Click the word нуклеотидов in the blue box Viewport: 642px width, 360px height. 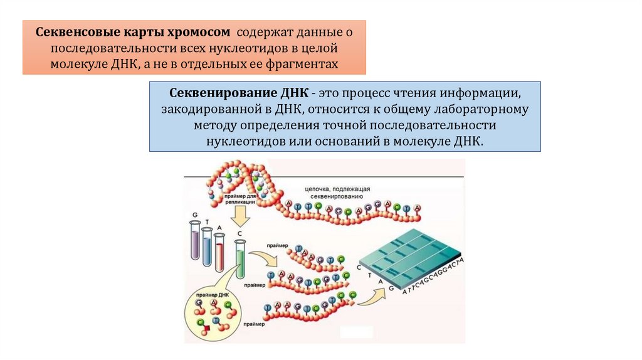245,140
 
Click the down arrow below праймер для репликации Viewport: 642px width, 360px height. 240,218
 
